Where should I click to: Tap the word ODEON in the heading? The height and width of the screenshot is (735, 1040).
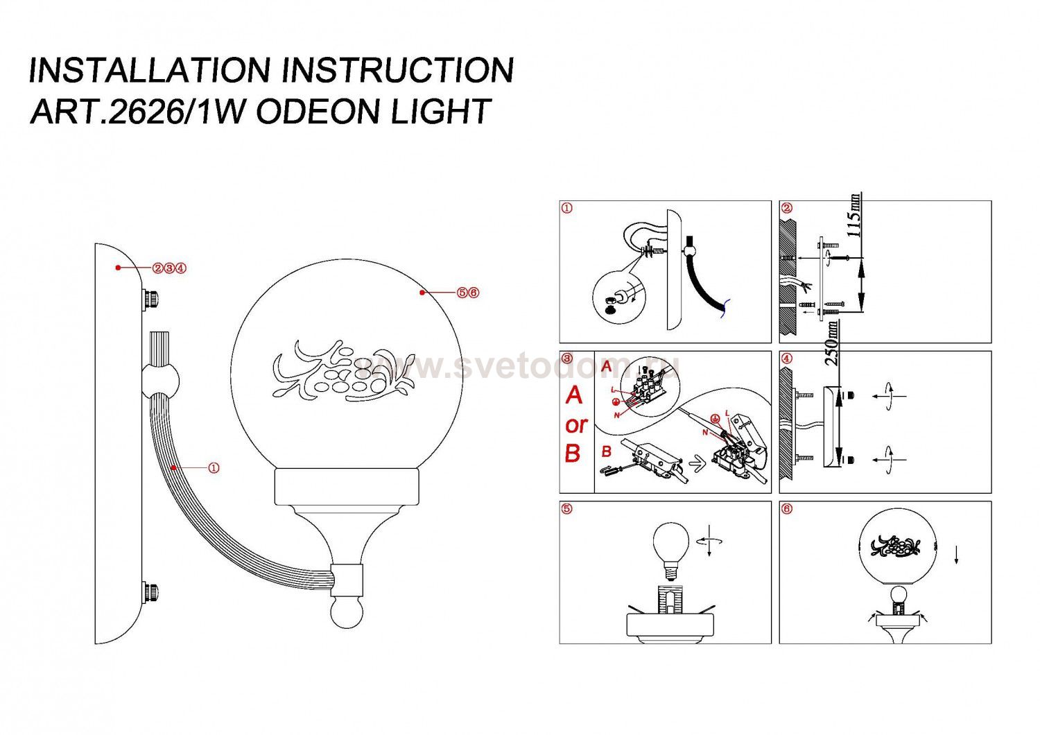point(319,111)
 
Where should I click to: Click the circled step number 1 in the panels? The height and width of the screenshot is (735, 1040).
point(568,208)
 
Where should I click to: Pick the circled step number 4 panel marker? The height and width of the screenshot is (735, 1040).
point(786,358)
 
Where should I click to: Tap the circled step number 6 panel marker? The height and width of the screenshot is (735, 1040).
point(786,509)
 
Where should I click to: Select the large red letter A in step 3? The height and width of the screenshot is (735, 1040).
point(574,395)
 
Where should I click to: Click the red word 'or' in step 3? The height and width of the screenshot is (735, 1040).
point(576,424)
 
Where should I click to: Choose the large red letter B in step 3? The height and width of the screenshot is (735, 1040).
point(573,453)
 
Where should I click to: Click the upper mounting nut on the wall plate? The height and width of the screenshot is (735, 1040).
point(150,299)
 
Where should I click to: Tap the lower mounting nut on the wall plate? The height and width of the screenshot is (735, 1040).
point(150,593)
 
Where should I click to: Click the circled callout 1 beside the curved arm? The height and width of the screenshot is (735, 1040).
point(214,468)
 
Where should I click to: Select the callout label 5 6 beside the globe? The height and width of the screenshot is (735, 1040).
point(468,293)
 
